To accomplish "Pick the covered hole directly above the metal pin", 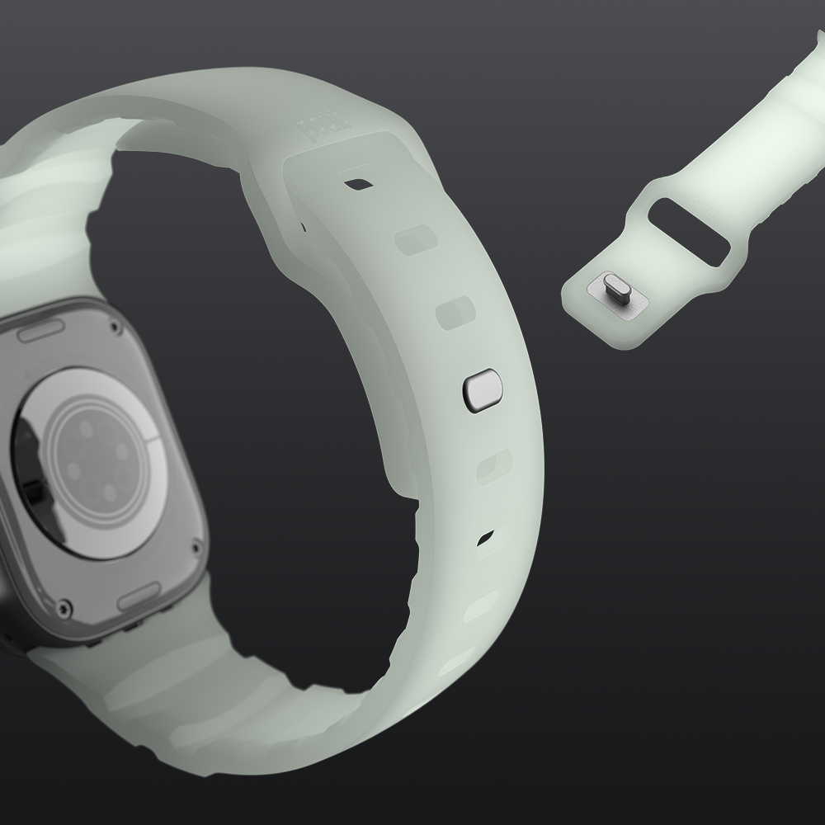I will coord(455,313).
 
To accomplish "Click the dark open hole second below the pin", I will coord(486,540).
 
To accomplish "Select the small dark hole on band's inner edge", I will coord(302,225).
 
